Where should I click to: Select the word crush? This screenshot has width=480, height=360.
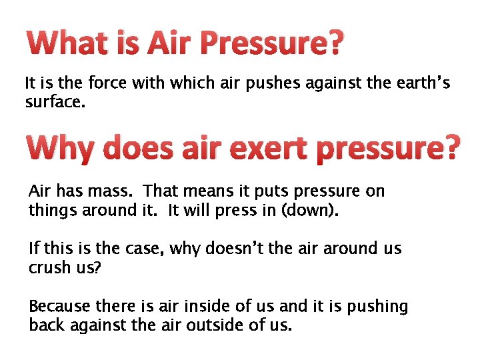pos(51,268)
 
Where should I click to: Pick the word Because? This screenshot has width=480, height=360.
pos(60,307)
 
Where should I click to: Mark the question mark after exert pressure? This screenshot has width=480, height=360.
pos(451,147)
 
